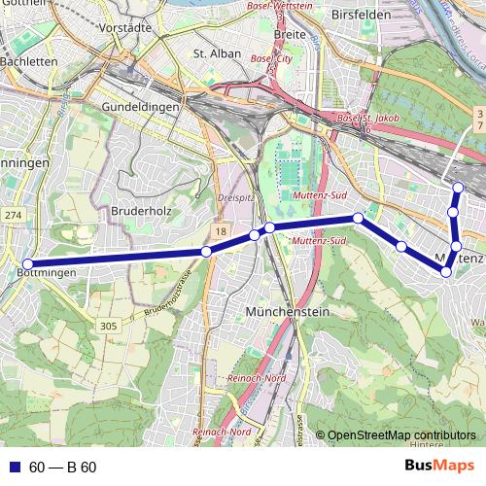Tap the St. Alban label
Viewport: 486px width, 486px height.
[215, 53]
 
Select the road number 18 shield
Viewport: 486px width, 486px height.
[221, 229]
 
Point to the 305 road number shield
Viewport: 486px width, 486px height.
[108, 327]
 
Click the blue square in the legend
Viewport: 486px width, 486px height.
[15, 468]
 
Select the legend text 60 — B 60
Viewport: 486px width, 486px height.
[63, 468]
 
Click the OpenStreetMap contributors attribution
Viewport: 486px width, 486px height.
[401, 435]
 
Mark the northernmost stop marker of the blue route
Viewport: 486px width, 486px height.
[459, 188]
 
